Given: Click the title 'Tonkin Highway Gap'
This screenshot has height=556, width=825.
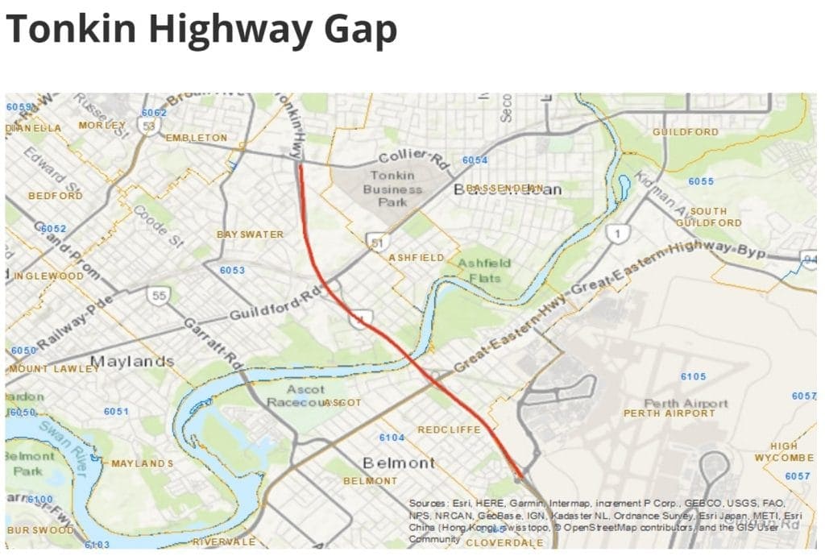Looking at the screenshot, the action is pyautogui.click(x=201, y=30).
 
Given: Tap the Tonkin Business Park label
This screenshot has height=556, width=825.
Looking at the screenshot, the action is pyautogui.click(x=393, y=189).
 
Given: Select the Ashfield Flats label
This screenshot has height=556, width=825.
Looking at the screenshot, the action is pyautogui.click(x=484, y=270).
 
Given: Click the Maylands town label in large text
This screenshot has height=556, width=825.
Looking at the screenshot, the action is pyautogui.click(x=132, y=361).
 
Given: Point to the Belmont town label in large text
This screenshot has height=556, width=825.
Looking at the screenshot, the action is pyautogui.click(x=399, y=463).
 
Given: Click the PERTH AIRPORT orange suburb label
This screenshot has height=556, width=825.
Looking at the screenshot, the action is pyautogui.click(x=670, y=413).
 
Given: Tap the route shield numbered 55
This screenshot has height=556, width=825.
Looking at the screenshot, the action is pyautogui.click(x=160, y=296).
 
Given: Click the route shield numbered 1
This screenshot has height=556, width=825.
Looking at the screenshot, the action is pyautogui.click(x=618, y=234).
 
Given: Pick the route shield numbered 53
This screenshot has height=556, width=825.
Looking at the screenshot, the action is pyautogui.click(x=148, y=127).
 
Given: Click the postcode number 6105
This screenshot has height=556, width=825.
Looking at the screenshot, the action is pyautogui.click(x=693, y=376).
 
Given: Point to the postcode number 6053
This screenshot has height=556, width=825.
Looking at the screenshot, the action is pyautogui.click(x=232, y=270).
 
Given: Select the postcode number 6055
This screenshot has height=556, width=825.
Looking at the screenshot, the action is pyautogui.click(x=701, y=181).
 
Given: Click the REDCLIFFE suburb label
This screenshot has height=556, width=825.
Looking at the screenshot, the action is pyautogui.click(x=449, y=429).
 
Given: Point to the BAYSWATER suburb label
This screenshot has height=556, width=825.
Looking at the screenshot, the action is pyautogui.click(x=251, y=234).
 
